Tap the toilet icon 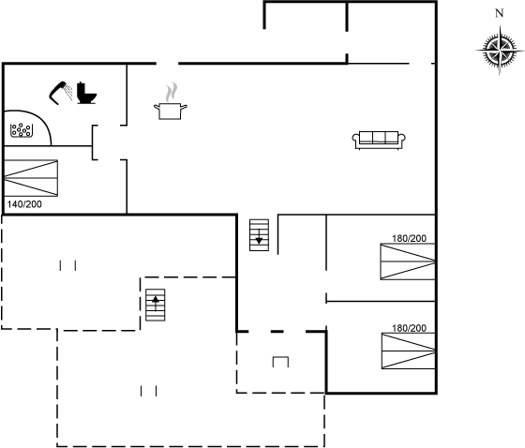click(x=86, y=93)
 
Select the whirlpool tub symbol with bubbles click(x=22, y=130)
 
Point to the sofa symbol click(x=379, y=141)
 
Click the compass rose click(x=500, y=51)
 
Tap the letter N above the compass click(x=499, y=13)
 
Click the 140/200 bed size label click(x=24, y=204)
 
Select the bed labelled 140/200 click(x=31, y=178)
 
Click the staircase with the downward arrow click(x=259, y=235)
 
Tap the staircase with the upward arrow click(x=156, y=305)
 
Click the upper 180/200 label click(x=409, y=238)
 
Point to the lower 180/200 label click(x=409, y=328)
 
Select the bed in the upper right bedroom click(x=408, y=261)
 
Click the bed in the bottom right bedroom click(x=409, y=351)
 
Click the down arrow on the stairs click(x=259, y=237)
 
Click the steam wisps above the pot click(x=171, y=92)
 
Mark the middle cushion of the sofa click(x=379, y=137)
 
